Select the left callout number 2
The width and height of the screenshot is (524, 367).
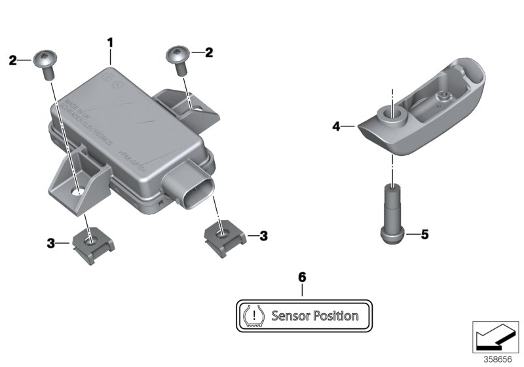coord(12,61)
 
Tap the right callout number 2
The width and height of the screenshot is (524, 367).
coord(209,52)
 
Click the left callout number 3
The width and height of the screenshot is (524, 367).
coord(50,243)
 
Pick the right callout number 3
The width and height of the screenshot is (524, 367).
coord(263,235)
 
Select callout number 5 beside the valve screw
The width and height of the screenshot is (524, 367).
coord(424,235)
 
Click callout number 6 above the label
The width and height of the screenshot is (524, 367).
coord(302,277)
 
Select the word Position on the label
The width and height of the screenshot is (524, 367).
coord(336,316)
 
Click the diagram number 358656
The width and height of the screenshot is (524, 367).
coord(500,358)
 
